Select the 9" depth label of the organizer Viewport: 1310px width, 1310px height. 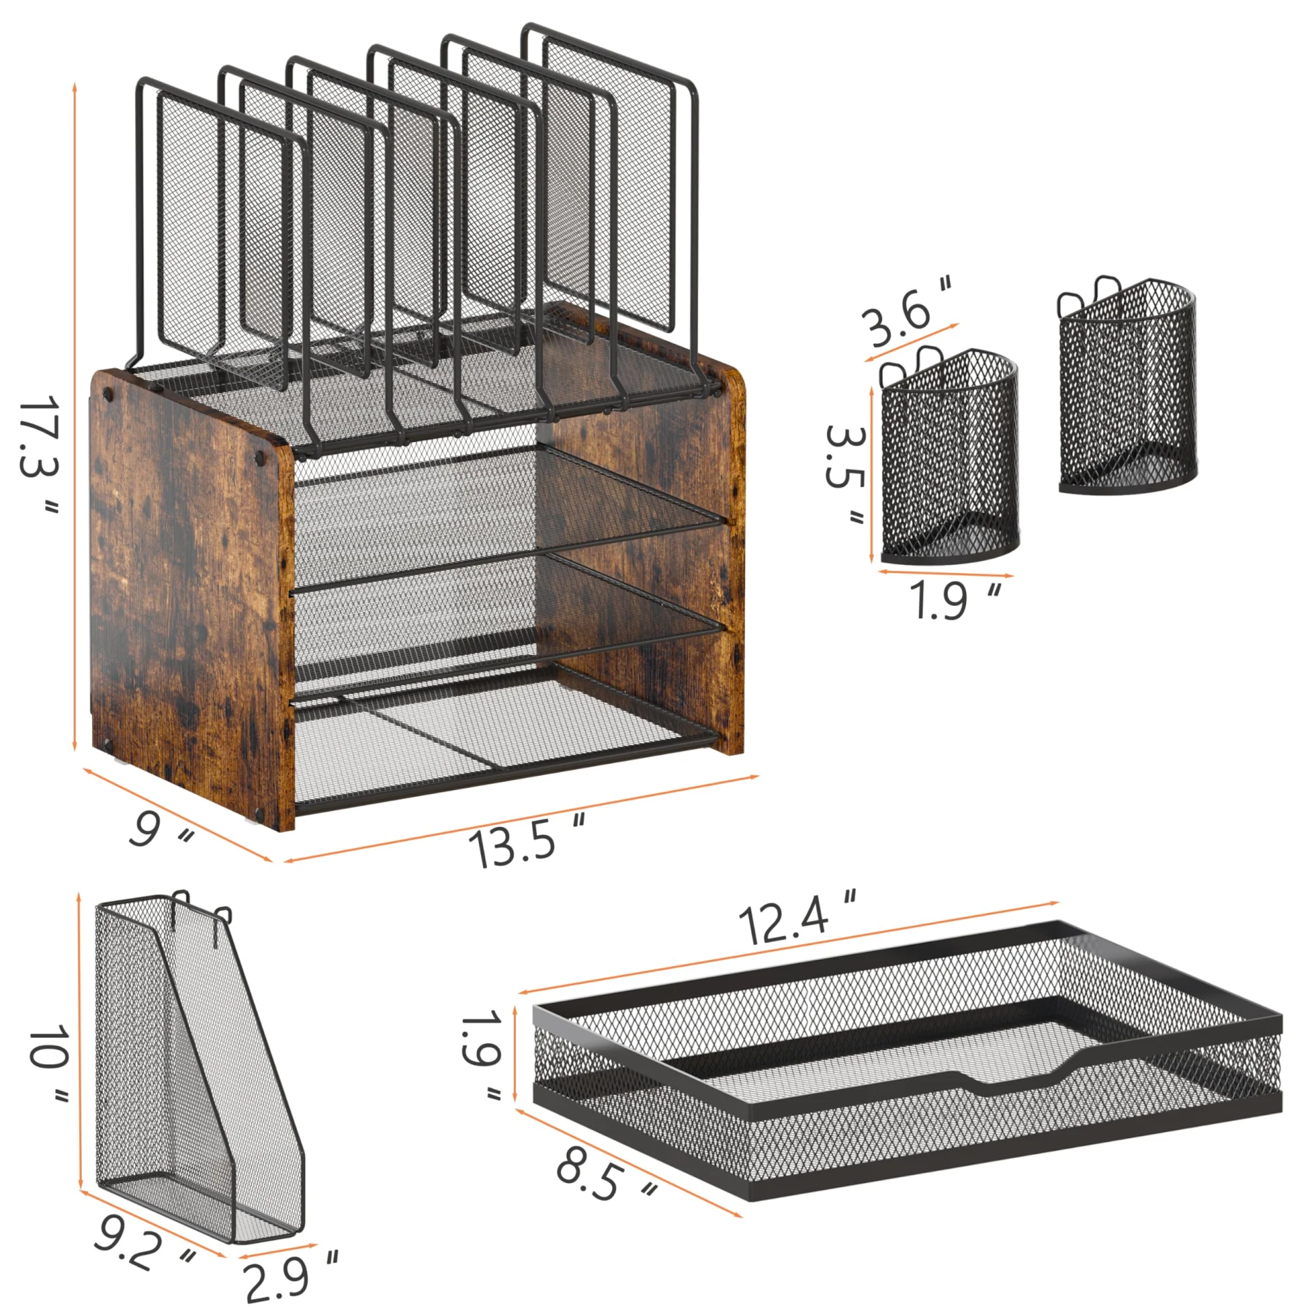(160, 830)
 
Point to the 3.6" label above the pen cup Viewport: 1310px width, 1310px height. (906, 312)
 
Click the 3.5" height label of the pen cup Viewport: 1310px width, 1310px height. (845, 475)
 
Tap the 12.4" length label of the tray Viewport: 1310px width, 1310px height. (797, 918)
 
